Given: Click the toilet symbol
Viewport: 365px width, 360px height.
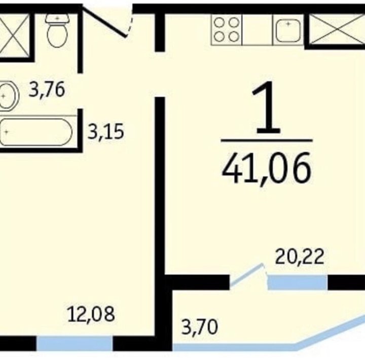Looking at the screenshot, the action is pos(57,30).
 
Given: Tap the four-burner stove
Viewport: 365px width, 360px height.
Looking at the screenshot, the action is pos(227,29).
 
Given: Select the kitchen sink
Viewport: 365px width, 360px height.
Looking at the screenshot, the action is pos(288,30).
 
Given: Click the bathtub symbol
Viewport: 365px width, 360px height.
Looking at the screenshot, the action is pos(37,132).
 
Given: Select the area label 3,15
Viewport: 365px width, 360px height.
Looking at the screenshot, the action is pos(105,131).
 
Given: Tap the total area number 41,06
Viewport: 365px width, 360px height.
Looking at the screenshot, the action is pos(267,168).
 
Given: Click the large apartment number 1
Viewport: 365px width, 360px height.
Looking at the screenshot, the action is pos(267,107).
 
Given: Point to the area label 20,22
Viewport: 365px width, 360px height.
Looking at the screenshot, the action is pos(300,257).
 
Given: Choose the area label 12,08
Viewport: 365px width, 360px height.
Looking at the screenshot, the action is pos(91,314).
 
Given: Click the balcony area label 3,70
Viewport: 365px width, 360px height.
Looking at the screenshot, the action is pos(200,327).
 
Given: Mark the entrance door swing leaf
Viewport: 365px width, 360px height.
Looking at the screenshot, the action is pos(104,21).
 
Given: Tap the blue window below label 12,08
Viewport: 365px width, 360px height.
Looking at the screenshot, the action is pos(75,343).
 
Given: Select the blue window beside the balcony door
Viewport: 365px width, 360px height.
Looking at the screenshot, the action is pos(298,282).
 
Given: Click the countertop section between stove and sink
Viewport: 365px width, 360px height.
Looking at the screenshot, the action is pos(257,29).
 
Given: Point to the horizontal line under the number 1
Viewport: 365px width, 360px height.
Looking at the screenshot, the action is pos(267,140).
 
